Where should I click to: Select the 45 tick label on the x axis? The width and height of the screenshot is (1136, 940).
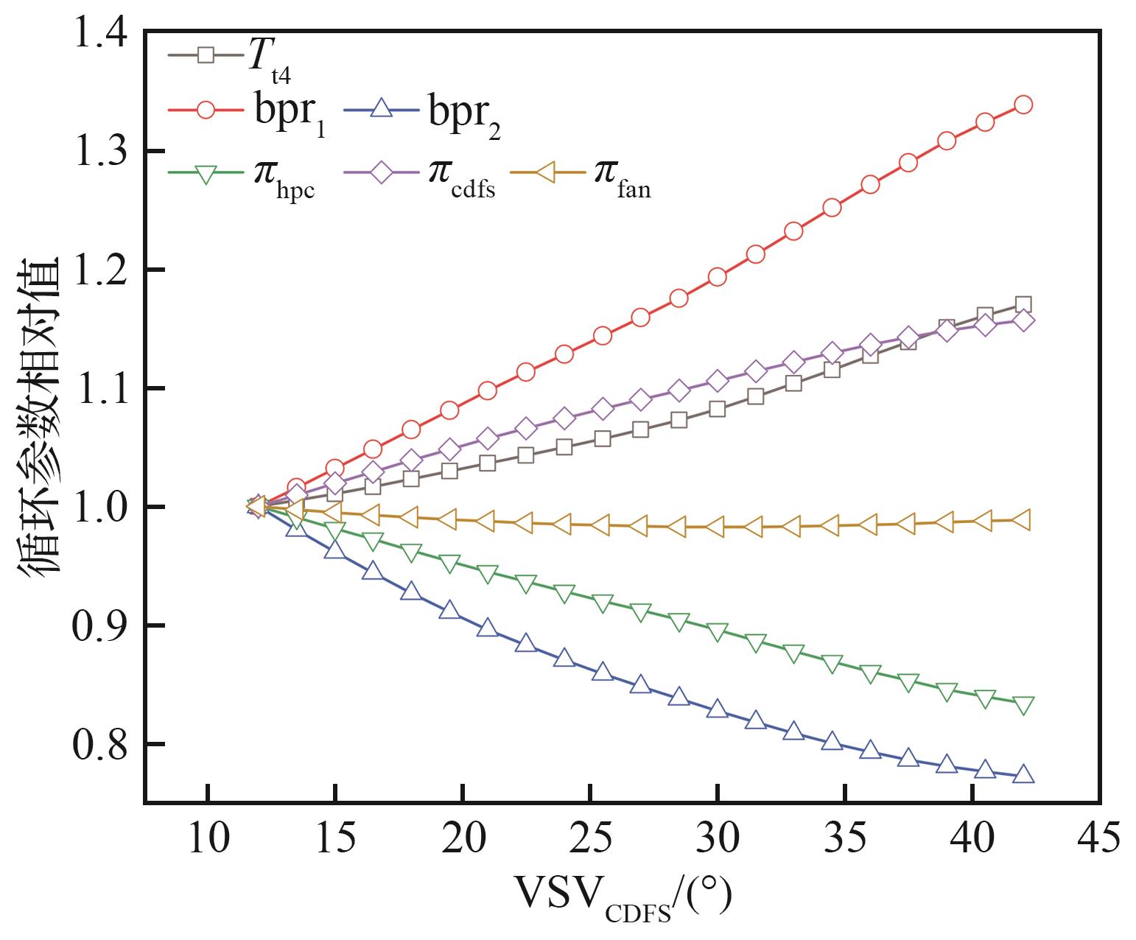pyautogui.click(x=1098, y=839)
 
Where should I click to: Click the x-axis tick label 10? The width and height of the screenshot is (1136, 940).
pyautogui.click(x=208, y=839)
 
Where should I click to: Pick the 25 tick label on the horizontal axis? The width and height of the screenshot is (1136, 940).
pyautogui.click(x=590, y=839)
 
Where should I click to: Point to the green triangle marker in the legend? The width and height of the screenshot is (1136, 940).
pyautogui.click(x=206, y=174)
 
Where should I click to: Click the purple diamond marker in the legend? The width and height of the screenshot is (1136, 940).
pyautogui.click(x=382, y=174)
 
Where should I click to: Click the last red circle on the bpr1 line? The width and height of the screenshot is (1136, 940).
pyautogui.click(x=1023, y=105)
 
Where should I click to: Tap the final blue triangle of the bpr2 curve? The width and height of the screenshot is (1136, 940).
pyautogui.click(x=1023, y=774)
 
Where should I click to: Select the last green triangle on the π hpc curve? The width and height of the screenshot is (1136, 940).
pyautogui.click(x=1023, y=705)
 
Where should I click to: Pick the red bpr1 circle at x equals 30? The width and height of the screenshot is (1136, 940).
pyautogui.click(x=717, y=277)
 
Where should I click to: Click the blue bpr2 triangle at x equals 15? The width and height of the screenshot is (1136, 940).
pyautogui.click(x=335, y=550)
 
